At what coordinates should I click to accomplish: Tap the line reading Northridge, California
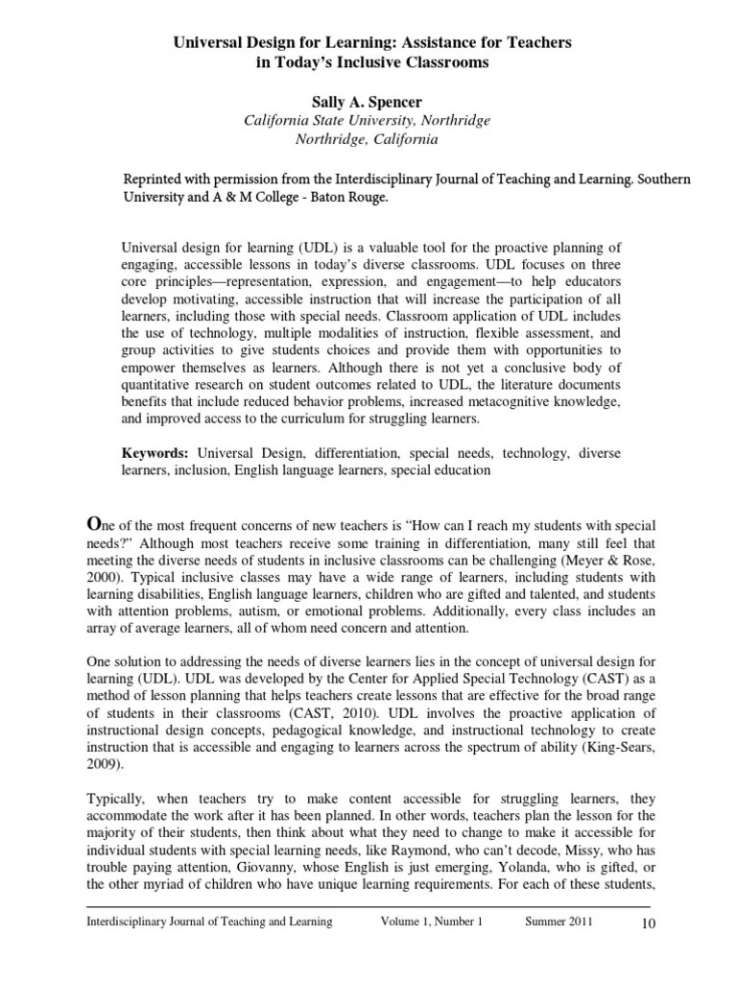coord(368,138)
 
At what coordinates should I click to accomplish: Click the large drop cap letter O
coord(94,523)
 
